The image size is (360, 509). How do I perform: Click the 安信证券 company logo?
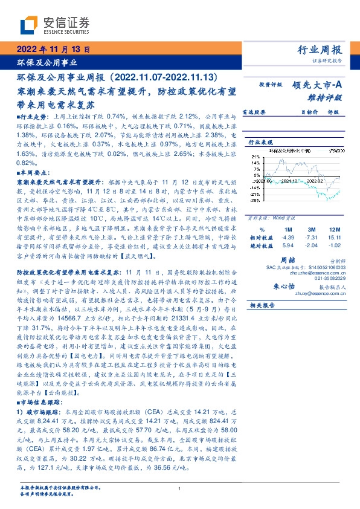tap(54, 25)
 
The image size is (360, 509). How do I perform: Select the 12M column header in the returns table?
tap(334, 230)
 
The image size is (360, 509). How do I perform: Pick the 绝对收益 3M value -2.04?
tap(311, 245)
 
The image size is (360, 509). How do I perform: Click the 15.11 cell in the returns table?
tap(334, 238)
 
